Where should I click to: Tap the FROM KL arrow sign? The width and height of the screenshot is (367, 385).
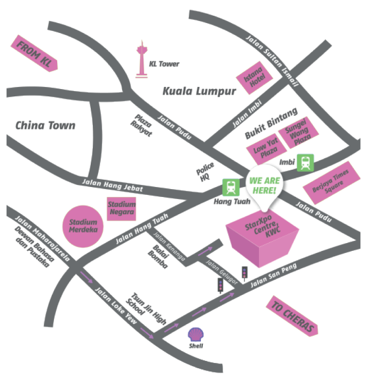34,53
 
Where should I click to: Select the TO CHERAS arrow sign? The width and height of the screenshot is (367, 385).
292,315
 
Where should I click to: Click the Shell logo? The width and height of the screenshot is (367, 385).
196,334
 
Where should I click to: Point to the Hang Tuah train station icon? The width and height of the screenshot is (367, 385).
231,188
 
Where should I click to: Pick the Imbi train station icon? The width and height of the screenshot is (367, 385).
305,162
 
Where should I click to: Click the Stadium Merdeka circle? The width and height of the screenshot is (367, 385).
83,226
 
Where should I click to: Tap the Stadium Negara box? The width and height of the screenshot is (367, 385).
122,208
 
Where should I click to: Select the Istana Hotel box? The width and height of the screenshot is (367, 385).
254,78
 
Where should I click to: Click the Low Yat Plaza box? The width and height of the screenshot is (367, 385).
266,149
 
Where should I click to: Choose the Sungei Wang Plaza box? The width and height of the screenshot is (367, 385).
298,133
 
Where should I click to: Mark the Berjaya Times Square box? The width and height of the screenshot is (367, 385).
331,183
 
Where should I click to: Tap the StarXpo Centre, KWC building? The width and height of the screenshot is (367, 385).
262,238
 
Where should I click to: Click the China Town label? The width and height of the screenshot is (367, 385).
46,126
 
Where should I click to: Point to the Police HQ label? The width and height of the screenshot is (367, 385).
205,172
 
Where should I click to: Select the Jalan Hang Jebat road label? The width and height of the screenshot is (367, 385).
112,185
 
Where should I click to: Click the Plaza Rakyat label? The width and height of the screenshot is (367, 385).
141,125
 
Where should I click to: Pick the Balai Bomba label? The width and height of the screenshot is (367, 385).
158,257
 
